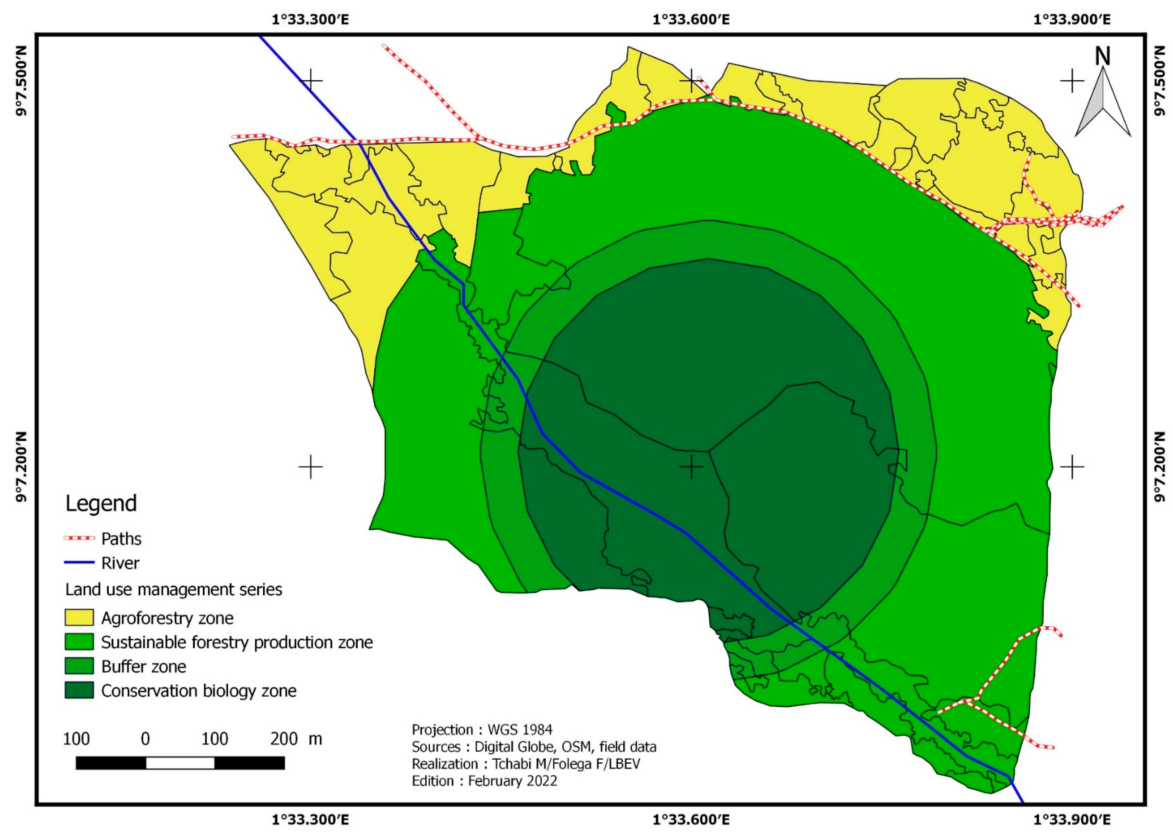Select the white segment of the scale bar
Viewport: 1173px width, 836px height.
click(180, 763)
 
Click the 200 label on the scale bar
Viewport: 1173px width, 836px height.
click(284, 739)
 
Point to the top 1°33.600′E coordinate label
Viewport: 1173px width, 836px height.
click(691, 20)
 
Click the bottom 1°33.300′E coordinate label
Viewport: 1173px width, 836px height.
click(310, 820)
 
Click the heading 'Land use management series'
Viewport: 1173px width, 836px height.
click(173, 589)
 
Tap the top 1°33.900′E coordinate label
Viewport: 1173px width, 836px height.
click(1072, 20)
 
